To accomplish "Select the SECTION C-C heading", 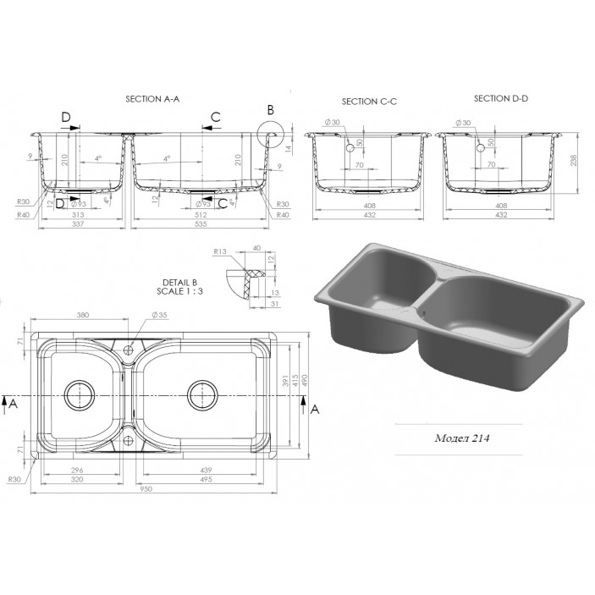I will coord(369,102).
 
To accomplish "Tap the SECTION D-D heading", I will coord(500,98).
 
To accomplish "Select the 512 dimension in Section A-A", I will coord(199,215).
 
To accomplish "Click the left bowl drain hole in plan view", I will coord(81,394).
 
